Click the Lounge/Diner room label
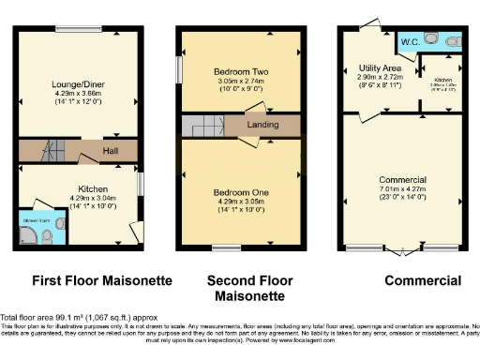79,83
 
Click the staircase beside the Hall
51,150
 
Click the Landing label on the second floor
262,125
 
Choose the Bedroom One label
241,192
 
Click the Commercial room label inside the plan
402,179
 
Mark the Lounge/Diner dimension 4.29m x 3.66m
79,94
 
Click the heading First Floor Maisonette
89,280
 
